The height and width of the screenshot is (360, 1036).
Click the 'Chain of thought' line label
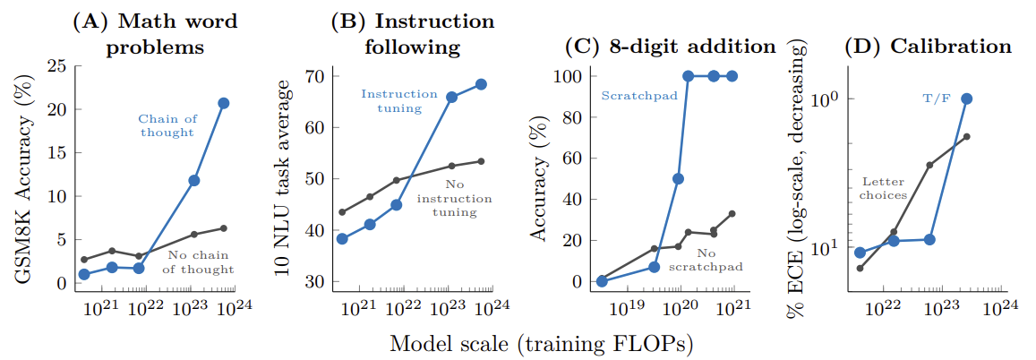(x=166, y=125)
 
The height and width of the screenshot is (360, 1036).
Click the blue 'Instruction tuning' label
(x=398, y=101)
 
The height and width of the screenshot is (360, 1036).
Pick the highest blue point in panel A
(x=224, y=103)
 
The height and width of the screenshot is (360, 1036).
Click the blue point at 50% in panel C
(x=679, y=179)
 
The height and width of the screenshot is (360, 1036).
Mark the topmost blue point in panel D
(x=966, y=99)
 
